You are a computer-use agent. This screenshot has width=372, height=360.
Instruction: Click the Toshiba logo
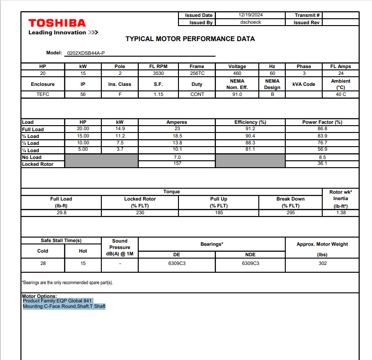(57, 23)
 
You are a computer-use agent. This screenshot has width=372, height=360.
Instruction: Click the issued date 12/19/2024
(251, 15)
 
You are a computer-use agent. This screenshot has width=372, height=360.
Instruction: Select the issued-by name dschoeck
(251, 22)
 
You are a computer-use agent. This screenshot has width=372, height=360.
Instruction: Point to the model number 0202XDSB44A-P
(86, 53)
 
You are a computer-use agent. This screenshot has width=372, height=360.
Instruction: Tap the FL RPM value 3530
(158, 73)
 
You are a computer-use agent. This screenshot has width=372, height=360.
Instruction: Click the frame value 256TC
(197, 73)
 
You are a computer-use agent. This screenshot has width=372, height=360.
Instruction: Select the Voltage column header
(237, 66)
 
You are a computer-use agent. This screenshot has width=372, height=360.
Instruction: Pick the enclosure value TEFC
(42, 94)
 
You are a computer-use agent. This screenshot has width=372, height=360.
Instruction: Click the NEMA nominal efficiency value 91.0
(237, 94)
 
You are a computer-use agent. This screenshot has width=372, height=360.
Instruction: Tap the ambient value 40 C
(341, 94)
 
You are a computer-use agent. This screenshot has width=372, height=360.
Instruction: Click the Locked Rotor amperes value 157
(177, 164)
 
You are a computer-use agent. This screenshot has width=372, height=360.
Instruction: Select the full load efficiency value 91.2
(250, 129)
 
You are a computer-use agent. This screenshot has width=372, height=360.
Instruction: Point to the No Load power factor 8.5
(322, 157)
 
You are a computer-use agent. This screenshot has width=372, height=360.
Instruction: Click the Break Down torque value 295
(290, 212)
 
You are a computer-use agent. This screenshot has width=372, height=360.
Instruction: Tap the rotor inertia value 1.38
(341, 212)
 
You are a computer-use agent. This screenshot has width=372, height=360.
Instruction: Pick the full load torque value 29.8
(61, 212)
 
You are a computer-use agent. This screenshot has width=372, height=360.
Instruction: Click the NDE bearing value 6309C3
(250, 263)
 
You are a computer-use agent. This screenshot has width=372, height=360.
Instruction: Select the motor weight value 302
(322, 263)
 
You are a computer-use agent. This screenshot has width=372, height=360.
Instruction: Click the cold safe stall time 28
(42, 263)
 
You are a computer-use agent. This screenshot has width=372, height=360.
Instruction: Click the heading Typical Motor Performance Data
(190, 39)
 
